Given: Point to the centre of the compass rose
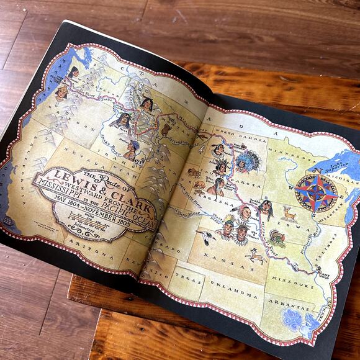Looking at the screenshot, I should tap(316, 192).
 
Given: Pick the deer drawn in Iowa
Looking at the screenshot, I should tap(289, 214).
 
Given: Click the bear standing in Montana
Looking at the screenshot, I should tap(165, 130).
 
